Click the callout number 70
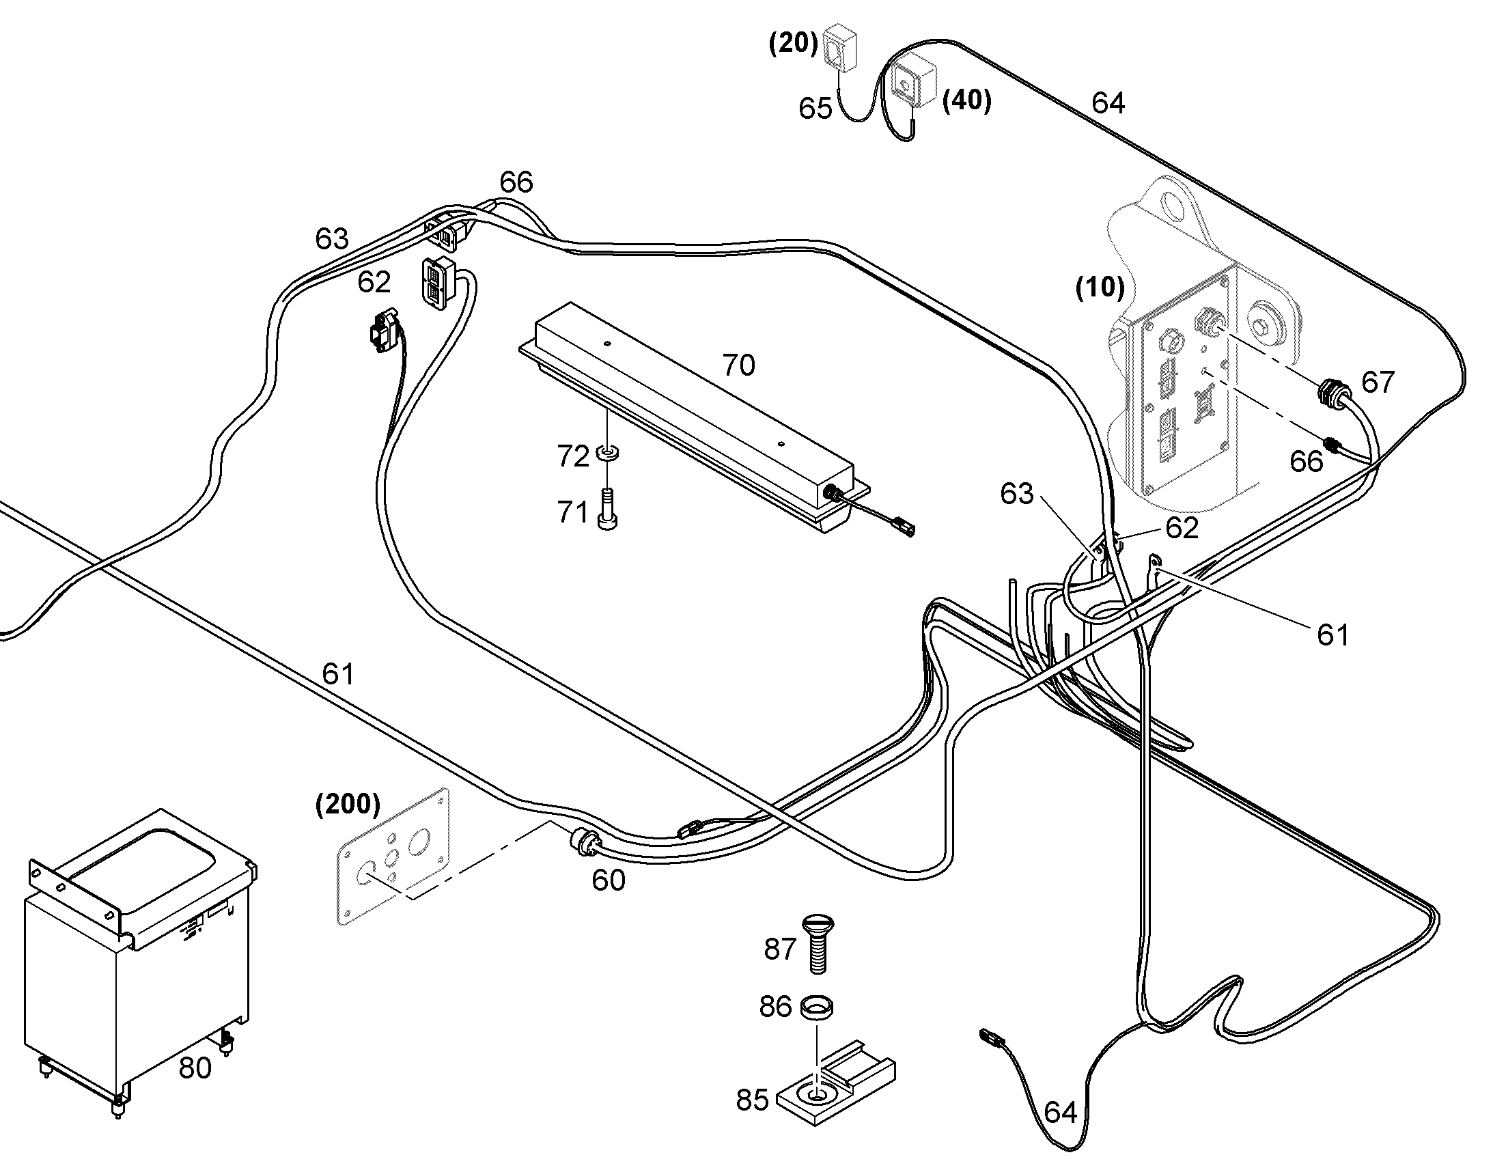pos(739,366)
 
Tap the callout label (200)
pos(347,803)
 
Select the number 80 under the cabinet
pos(195,1068)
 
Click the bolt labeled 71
pos(607,510)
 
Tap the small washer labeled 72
pos(607,453)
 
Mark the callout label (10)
pos(1100,288)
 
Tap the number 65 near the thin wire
pos(815,109)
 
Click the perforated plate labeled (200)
pos(393,856)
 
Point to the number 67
pos(1378,382)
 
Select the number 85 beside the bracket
pos(753,1100)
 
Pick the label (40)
pos(967,100)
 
